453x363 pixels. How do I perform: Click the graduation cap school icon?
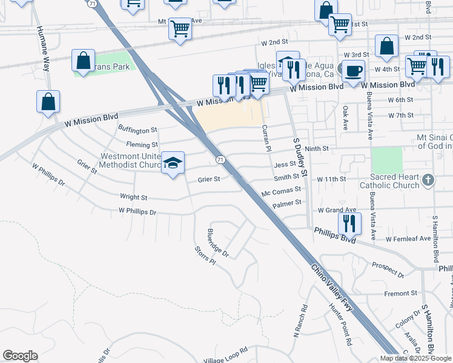173,163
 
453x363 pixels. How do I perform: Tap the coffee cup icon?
354,71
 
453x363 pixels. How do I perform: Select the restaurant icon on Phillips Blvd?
349,223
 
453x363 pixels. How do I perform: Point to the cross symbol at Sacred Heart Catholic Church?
428,179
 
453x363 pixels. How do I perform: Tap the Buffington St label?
137,129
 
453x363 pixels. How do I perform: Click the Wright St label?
133,197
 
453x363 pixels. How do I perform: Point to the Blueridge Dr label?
218,243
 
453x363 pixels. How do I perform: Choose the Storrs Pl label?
205,255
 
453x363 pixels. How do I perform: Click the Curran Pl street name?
265,138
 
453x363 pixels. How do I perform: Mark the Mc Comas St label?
281,192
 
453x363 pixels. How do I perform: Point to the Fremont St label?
401,293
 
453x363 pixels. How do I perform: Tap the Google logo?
20,356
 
